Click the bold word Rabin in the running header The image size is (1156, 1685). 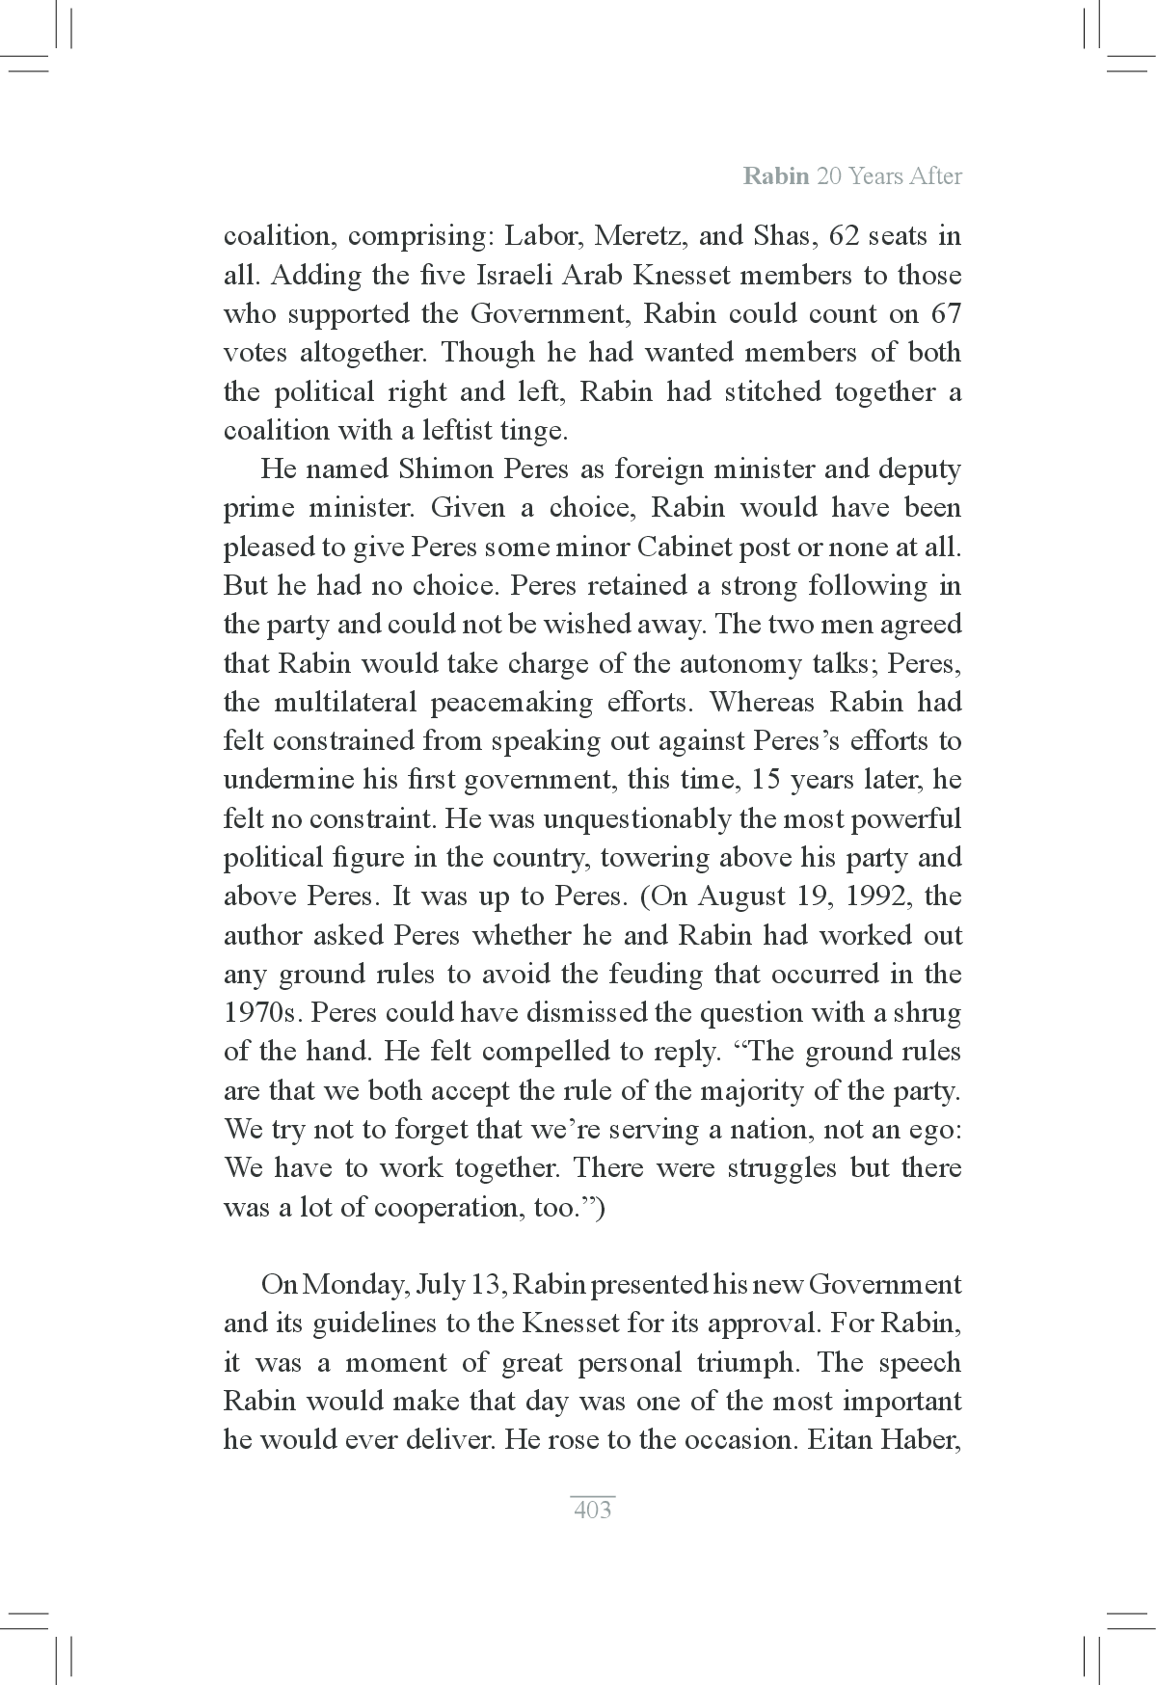776,176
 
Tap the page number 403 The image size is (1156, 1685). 592,1510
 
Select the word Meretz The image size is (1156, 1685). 634,236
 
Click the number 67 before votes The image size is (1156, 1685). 945,314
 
